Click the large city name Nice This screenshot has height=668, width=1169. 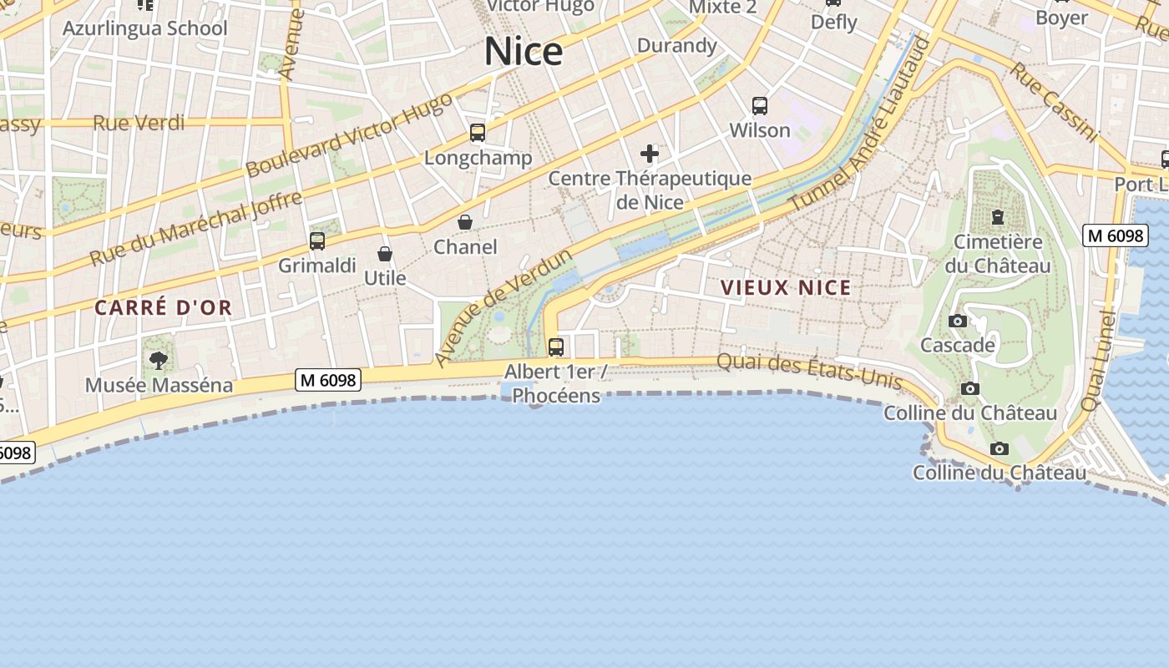pos(524,52)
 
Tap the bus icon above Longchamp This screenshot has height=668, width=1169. pos(478,133)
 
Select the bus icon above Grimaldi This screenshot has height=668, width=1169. pos(317,241)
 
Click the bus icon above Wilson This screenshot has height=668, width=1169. pos(759,106)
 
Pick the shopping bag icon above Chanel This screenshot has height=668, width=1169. pos(465,222)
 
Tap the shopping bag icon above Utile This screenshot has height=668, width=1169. pos(385,254)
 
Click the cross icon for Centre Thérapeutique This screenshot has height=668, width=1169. pos(650,154)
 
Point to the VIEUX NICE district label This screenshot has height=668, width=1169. pos(786,288)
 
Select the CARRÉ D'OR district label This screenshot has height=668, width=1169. pos(163,307)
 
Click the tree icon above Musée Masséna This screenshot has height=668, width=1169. pos(159,361)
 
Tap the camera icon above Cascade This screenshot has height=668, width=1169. pos(958,321)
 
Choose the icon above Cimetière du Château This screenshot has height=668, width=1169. pos(997,218)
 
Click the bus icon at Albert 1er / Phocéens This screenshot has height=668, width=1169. pos(556,347)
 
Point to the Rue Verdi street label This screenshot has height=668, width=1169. pos(139,123)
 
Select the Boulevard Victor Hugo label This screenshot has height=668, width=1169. pos(349,134)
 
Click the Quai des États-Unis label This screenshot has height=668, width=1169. pos(810,372)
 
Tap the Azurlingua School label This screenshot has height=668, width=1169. pos(144,28)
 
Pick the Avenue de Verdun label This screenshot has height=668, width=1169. pos(503,306)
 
